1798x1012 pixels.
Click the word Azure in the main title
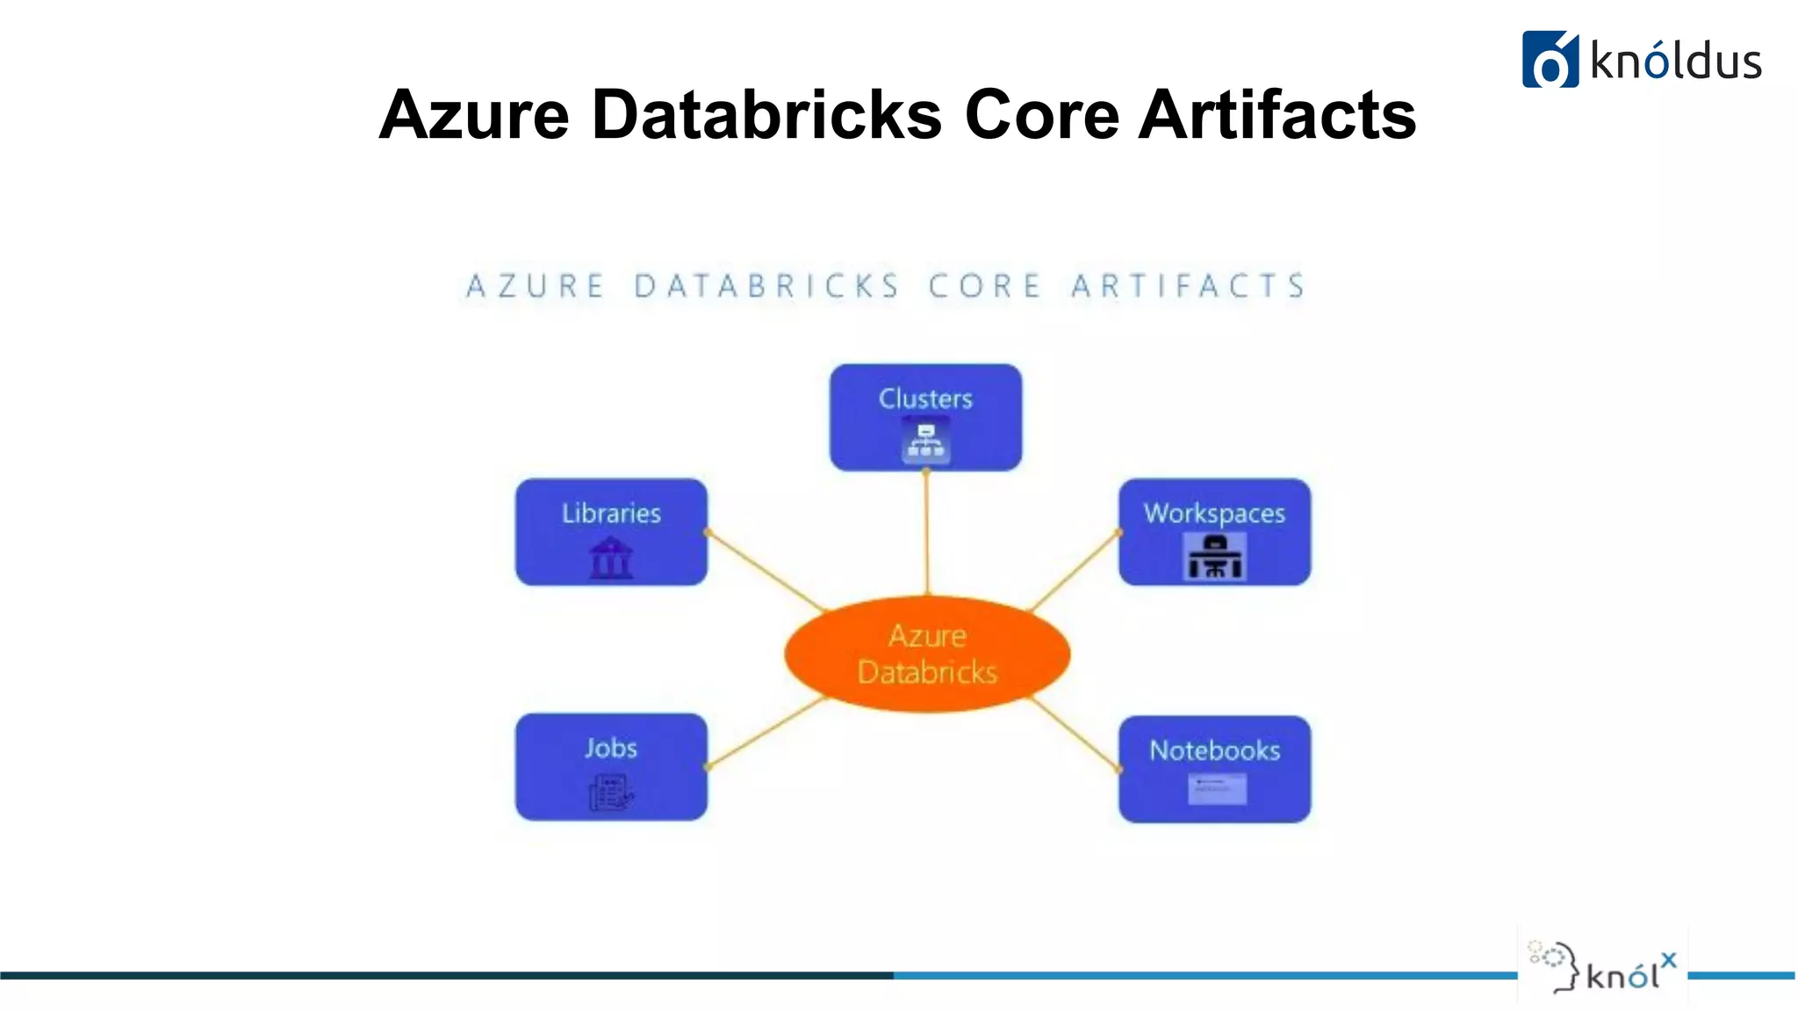point(474,115)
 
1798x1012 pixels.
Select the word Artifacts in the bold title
point(1277,115)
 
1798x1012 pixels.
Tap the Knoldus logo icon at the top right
point(1550,60)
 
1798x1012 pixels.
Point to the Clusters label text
point(925,399)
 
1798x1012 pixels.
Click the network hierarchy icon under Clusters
point(925,441)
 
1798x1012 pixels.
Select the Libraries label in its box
point(611,513)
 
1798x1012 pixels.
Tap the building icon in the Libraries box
point(611,559)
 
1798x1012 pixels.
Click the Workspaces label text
point(1214,513)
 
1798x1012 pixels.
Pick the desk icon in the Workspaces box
point(1215,557)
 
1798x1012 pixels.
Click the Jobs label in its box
point(611,748)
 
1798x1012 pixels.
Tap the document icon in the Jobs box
point(610,792)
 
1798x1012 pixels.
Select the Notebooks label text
point(1215,750)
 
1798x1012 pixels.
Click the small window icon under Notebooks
point(1217,789)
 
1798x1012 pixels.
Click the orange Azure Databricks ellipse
point(927,654)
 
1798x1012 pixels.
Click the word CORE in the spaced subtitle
point(984,286)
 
